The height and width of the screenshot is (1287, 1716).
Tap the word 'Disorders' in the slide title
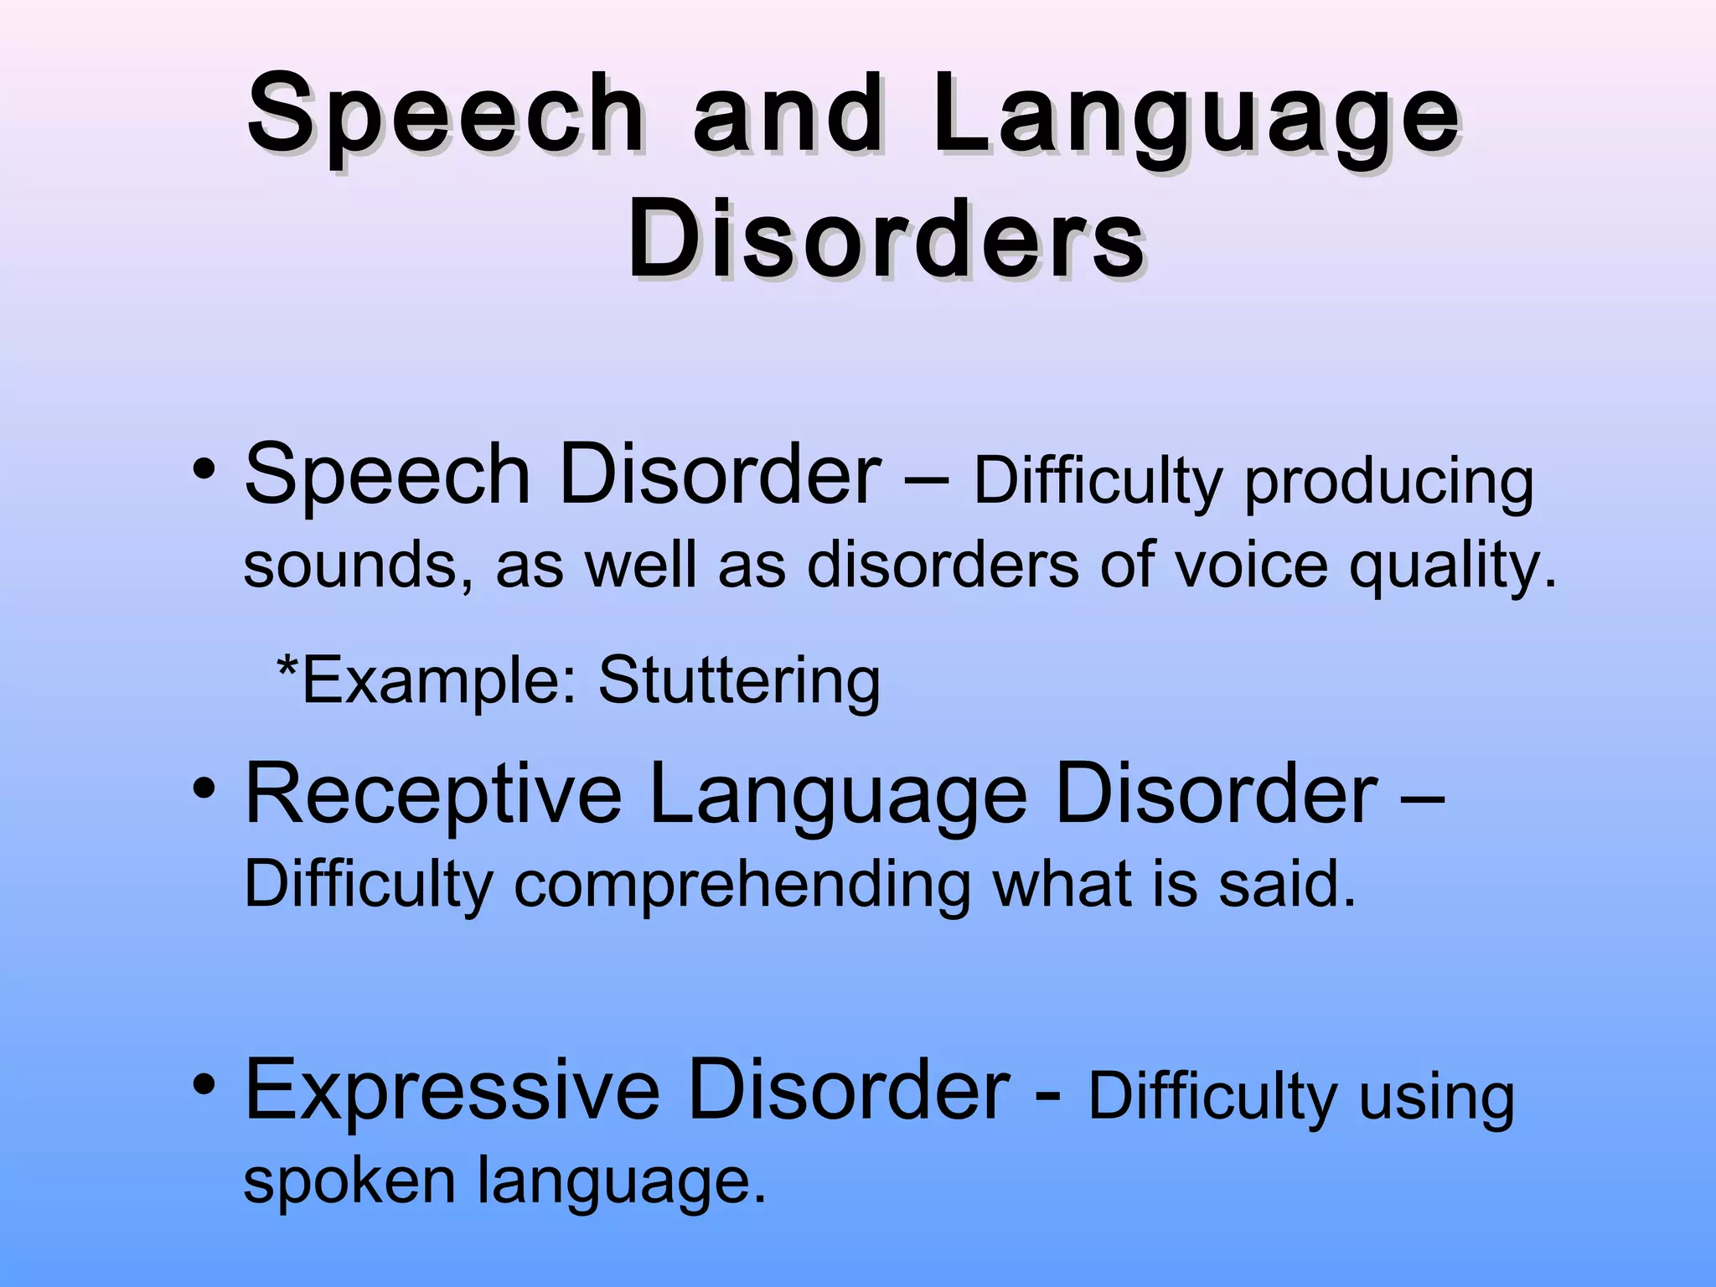pyautogui.click(x=886, y=240)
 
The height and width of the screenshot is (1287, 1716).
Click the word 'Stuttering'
pyautogui.click(x=739, y=681)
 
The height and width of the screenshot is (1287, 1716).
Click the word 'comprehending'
pyautogui.click(x=742, y=886)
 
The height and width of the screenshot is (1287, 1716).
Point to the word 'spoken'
pyautogui.click(x=349, y=1181)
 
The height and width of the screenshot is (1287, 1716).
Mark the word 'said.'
pyautogui.click(x=1287, y=885)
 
